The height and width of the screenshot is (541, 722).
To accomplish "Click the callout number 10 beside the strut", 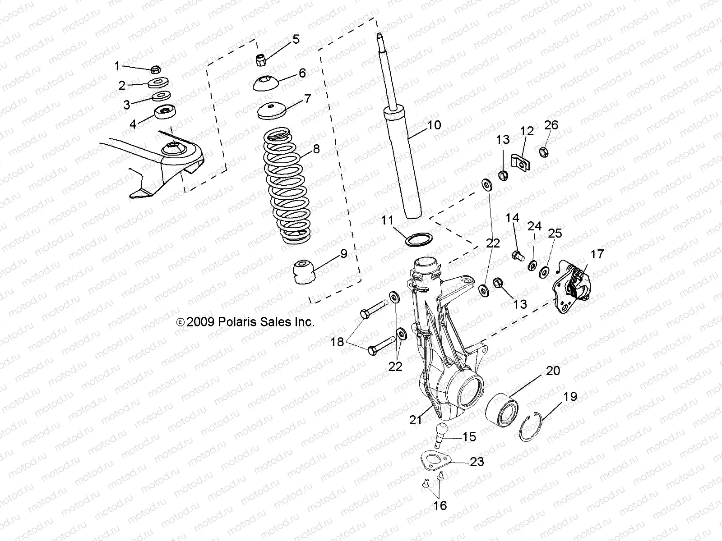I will click(x=434, y=125).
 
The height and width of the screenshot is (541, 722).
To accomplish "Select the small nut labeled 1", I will click(x=155, y=69).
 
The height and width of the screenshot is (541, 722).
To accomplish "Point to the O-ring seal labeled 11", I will click(x=418, y=239).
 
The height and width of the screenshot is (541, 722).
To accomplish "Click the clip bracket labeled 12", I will click(x=520, y=163).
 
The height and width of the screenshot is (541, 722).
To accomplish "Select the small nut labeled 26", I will click(x=544, y=152).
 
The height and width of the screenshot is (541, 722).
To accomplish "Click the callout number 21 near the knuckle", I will click(x=416, y=420).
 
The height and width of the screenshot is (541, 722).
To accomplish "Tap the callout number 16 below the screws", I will click(x=440, y=506).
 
